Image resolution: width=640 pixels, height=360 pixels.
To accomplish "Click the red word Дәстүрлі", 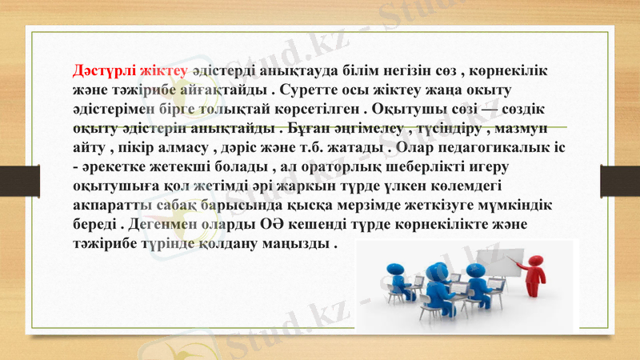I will [x=98, y=70].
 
